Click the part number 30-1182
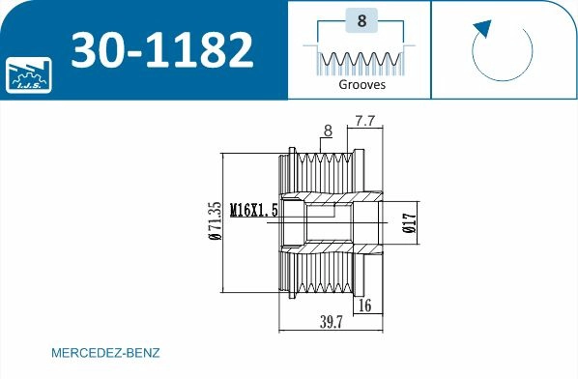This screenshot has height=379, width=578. click(163, 48)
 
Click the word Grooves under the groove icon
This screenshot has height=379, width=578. click(361, 85)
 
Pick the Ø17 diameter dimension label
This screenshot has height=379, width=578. click(409, 223)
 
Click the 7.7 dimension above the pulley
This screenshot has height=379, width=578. click(364, 122)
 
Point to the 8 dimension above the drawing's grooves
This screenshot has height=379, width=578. click(328, 130)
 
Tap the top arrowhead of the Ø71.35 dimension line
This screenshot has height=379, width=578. click(223, 156)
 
